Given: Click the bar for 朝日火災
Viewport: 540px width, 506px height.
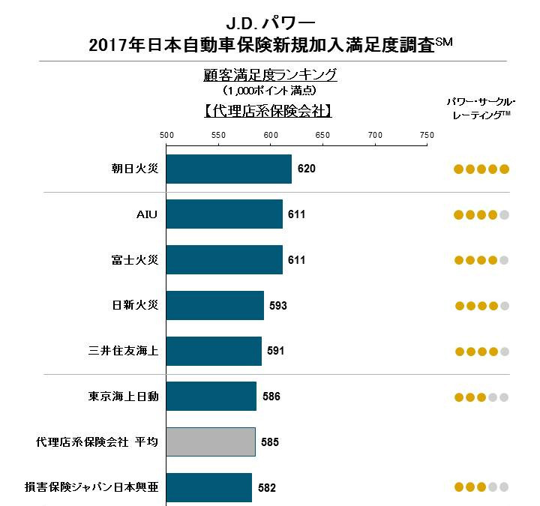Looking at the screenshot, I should tap(229, 169).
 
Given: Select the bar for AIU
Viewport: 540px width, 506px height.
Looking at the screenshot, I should tap(224, 214).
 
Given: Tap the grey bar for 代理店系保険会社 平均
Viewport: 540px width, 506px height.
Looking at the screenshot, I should tap(211, 442).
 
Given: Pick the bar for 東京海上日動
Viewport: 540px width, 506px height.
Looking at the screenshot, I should tap(211, 396).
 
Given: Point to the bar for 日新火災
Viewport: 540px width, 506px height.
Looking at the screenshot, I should tap(215, 305).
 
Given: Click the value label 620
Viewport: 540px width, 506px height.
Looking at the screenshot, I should tap(307, 169).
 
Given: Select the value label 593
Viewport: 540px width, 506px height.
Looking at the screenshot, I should tap(278, 306).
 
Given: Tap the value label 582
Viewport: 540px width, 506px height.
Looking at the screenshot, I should tap(267, 488).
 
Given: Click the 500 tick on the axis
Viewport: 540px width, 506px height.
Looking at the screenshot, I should tap(166, 134).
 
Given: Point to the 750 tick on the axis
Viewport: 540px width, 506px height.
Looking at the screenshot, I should tap(427, 134).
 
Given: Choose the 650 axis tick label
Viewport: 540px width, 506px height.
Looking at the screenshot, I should tap(322, 134).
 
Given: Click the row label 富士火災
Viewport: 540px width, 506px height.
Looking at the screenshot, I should tap(134, 260).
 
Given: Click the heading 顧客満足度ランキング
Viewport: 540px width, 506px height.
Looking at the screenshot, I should tap(270, 75).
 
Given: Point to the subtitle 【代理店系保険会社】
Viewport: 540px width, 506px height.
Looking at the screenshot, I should tap(268, 110).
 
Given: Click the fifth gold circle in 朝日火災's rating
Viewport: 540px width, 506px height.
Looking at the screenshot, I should tap(505, 169).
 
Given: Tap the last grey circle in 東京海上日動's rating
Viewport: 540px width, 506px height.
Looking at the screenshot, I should tap(505, 397).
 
